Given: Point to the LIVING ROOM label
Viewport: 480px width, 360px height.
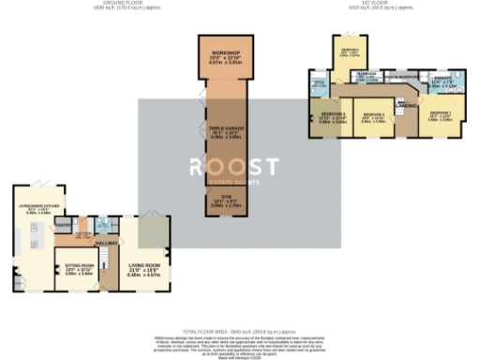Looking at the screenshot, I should click(x=141, y=269).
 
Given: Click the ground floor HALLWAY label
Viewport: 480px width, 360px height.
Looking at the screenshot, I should click(x=106, y=243).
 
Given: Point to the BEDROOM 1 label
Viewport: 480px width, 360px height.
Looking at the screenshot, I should click(x=440, y=116).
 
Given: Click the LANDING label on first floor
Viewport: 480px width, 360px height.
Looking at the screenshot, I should click(x=407, y=104).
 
